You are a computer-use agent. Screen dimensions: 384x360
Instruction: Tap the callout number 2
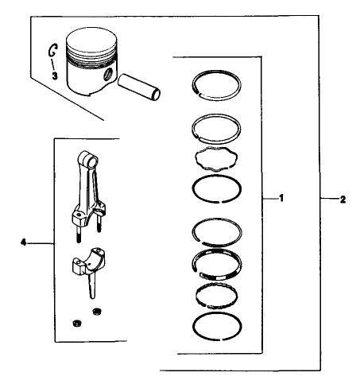[342, 199]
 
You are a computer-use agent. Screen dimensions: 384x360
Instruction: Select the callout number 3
[56, 74]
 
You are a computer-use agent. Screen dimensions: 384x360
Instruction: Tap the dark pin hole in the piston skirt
[106, 77]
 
